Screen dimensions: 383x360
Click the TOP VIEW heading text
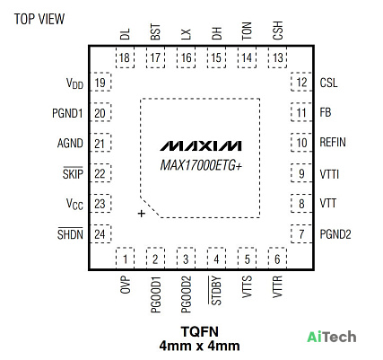pyautogui.click(x=39, y=19)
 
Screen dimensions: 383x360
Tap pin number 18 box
pyautogui.click(x=125, y=57)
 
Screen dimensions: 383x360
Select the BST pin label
pyautogui.click(x=155, y=32)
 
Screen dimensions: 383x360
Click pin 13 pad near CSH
pyautogui.click(x=277, y=57)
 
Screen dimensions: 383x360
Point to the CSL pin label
pyautogui.click(x=328, y=83)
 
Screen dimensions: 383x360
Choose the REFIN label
pyautogui.click(x=333, y=142)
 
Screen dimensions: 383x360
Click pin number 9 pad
pyautogui.click(x=301, y=173)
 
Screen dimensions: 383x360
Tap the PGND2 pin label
pyautogui.click(x=335, y=234)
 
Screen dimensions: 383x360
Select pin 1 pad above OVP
pyautogui.click(x=125, y=259)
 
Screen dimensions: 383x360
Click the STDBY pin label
pyautogui.click(x=216, y=291)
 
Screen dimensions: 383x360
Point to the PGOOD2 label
pyautogui.click(x=186, y=294)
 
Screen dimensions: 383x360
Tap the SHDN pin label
pyautogui.click(x=70, y=233)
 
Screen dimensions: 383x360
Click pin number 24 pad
pyautogui.click(x=100, y=233)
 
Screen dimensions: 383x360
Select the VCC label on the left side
pyautogui.click(x=74, y=205)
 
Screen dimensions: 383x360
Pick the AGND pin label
pyautogui.click(x=70, y=143)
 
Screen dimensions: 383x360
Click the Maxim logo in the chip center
pyautogui.click(x=200, y=145)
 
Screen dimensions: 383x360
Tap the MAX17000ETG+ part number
pyautogui.click(x=201, y=165)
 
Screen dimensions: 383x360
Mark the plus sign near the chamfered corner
pyautogui.click(x=142, y=214)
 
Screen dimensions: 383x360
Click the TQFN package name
pyautogui.click(x=200, y=331)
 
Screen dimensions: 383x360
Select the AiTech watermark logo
pyautogui.click(x=332, y=337)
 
